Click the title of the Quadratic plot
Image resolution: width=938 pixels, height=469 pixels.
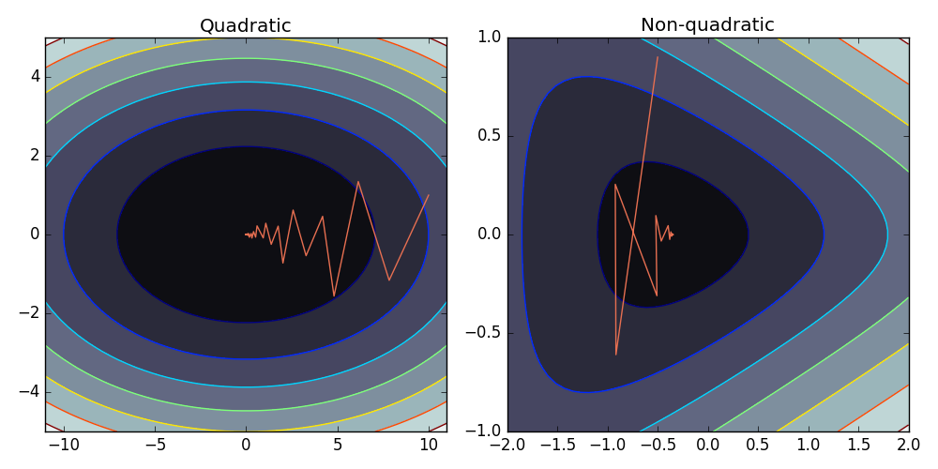pyautogui.click(x=246, y=25)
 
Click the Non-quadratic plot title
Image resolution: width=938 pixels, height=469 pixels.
pyautogui.click(x=707, y=25)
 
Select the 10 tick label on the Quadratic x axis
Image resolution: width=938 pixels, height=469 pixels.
pyautogui.click(x=429, y=444)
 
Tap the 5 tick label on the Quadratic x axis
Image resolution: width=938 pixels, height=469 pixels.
pyautogui.click(x=337, y=444)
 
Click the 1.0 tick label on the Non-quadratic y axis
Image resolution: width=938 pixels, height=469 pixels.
pyautogui.click(x=488, y=38)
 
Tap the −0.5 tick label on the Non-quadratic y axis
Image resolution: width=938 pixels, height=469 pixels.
pyautogui.click(x=483, y=333)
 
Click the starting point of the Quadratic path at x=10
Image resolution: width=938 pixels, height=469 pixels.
pyautogui.click(x=429, y=195)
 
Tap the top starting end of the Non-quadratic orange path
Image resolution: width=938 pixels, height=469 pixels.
pyautogui.click(x=658, y=57)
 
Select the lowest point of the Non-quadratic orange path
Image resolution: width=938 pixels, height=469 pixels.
pyautogui.click(x=615, y=355)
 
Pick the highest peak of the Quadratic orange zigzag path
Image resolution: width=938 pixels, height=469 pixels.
pyautogui.click(x=358, y=181)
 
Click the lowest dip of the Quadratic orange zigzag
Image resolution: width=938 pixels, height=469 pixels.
pyautogui.click(x=334, y=296)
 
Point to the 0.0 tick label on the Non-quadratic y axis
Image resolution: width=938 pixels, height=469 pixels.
pyautogui.click(x=488, y=234)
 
